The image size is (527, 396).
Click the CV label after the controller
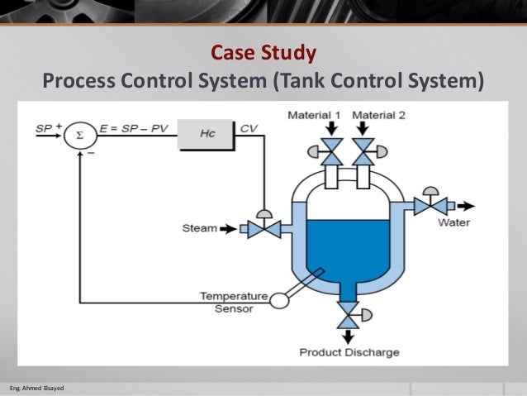click(x=249, y=128)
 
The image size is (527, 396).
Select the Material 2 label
click(x=379, y=115)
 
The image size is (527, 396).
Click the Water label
click(x=454, y=222)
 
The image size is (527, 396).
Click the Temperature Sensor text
click(x=235, y=302)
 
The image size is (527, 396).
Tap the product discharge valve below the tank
click(x=349, y=315)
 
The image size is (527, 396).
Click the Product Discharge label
click(x=349, y=353)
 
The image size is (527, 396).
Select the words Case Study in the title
click(x=263, y=55)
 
